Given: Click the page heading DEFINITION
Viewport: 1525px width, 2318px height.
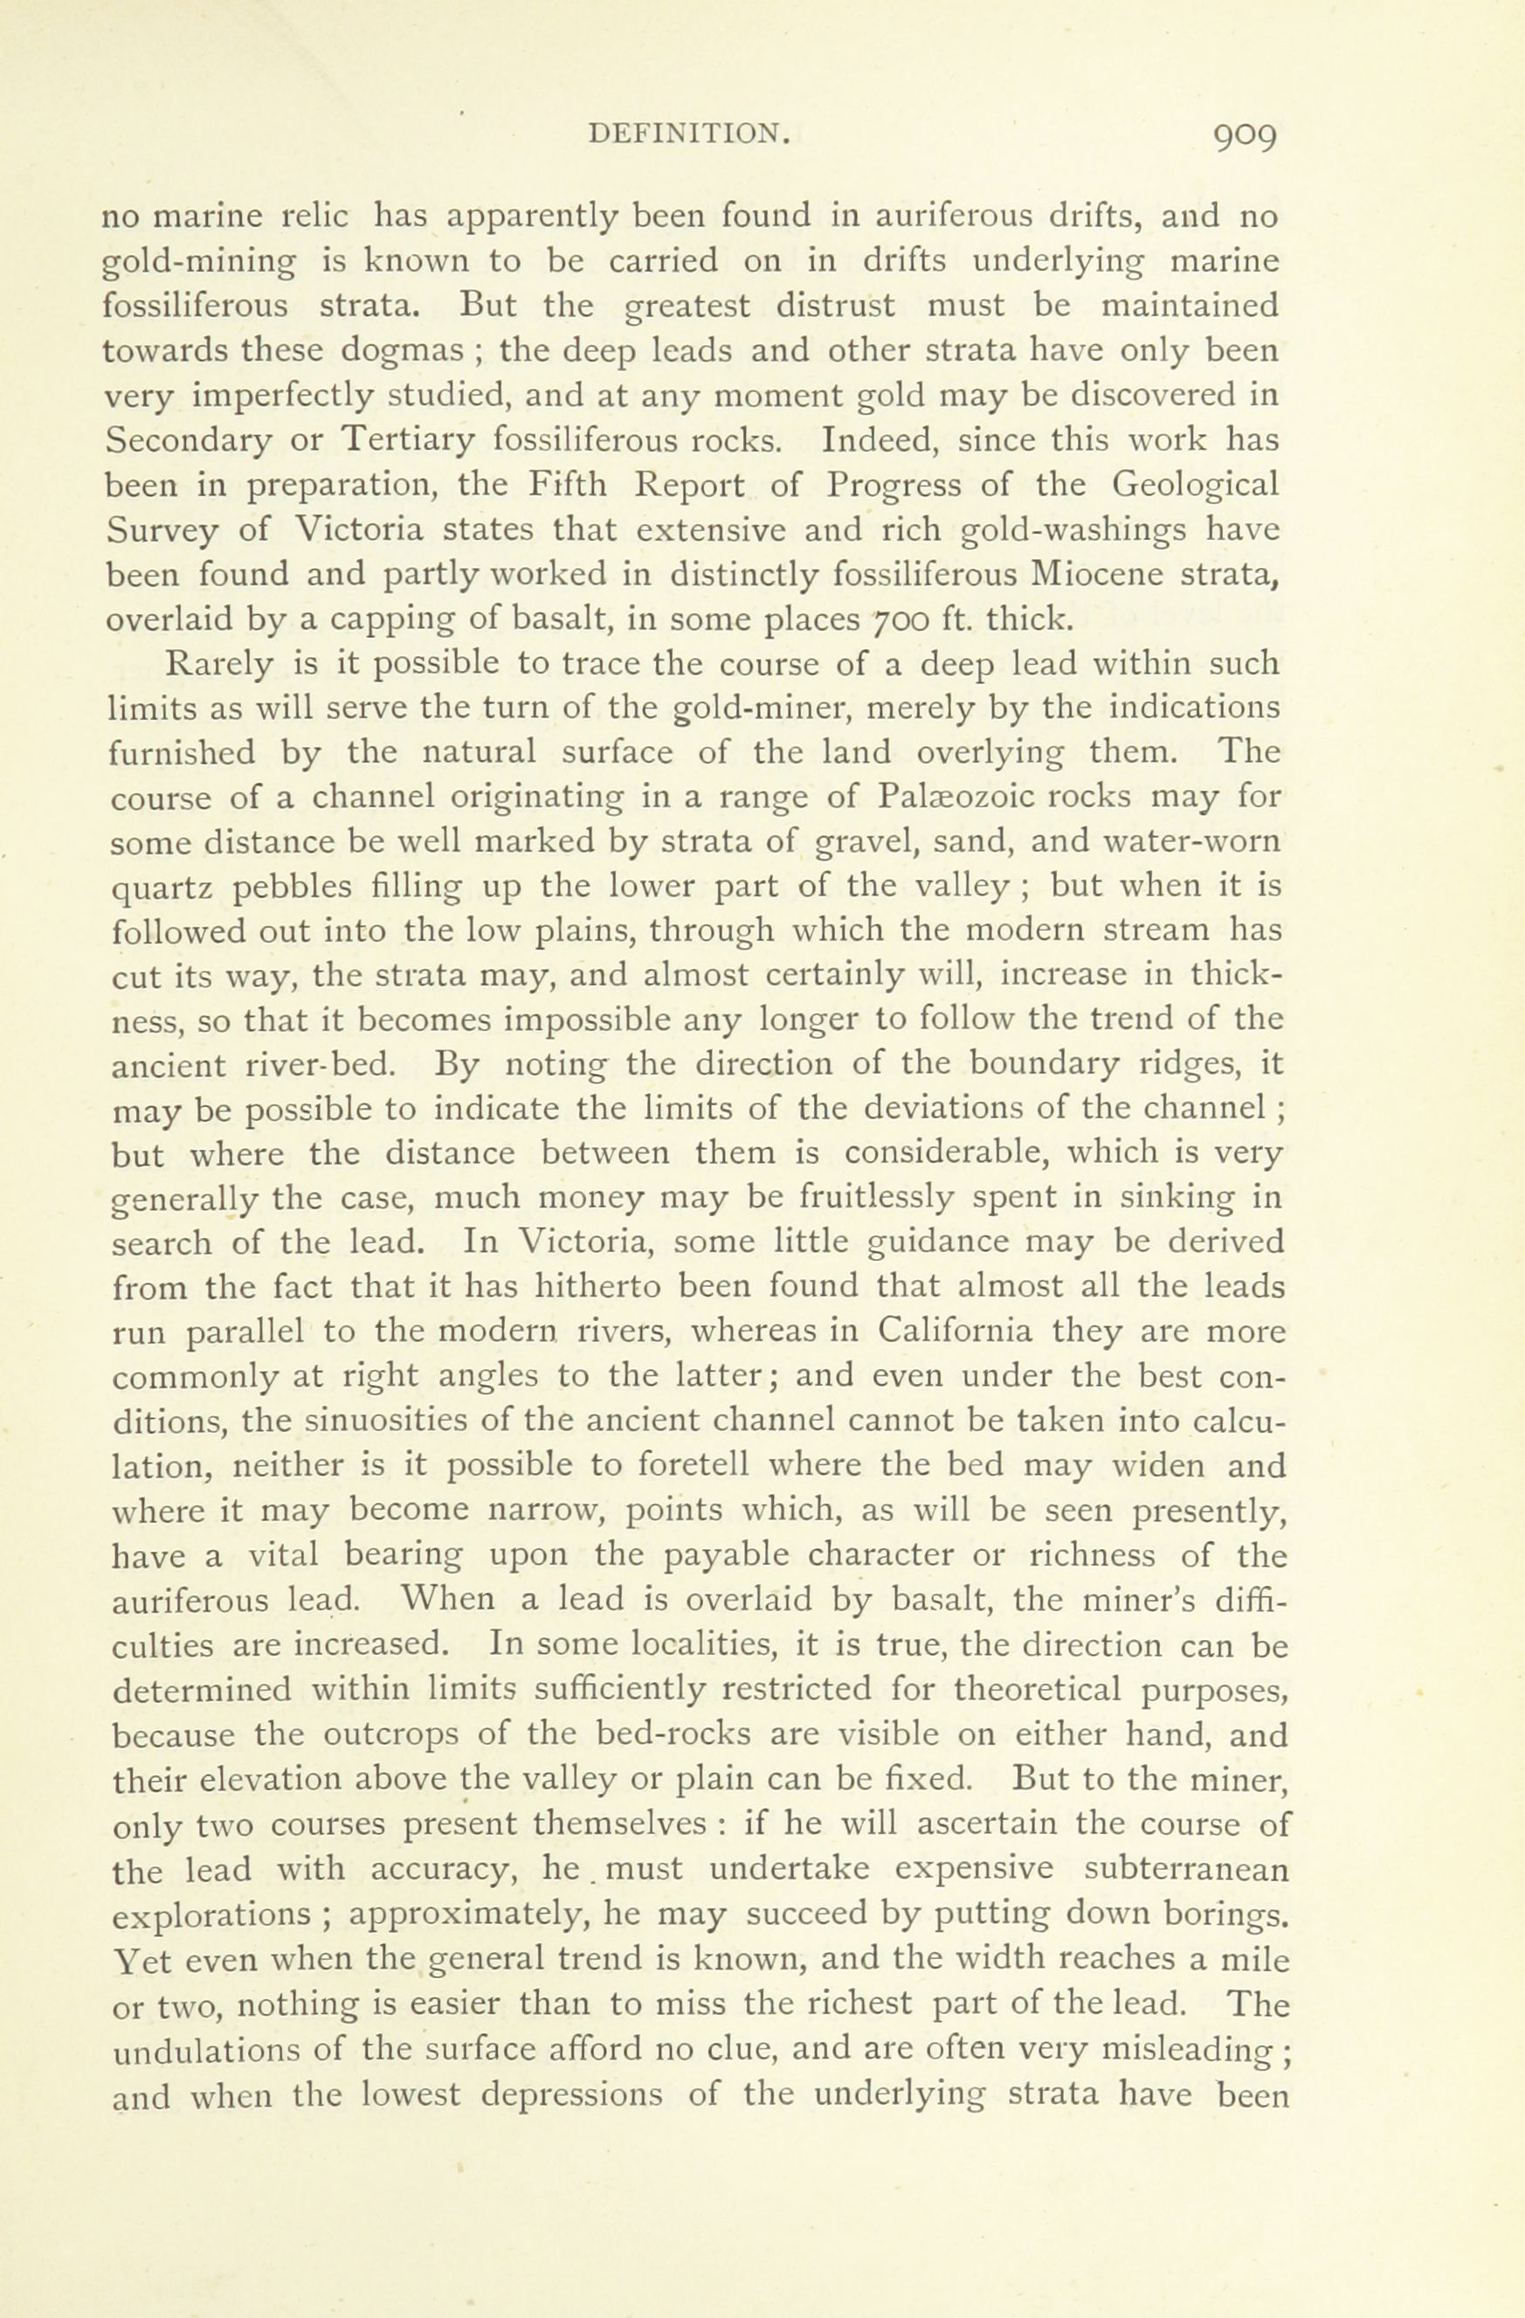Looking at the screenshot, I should (x=688, y=135).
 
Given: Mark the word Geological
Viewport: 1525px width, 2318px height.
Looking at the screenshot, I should (x=1195, y=485).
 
